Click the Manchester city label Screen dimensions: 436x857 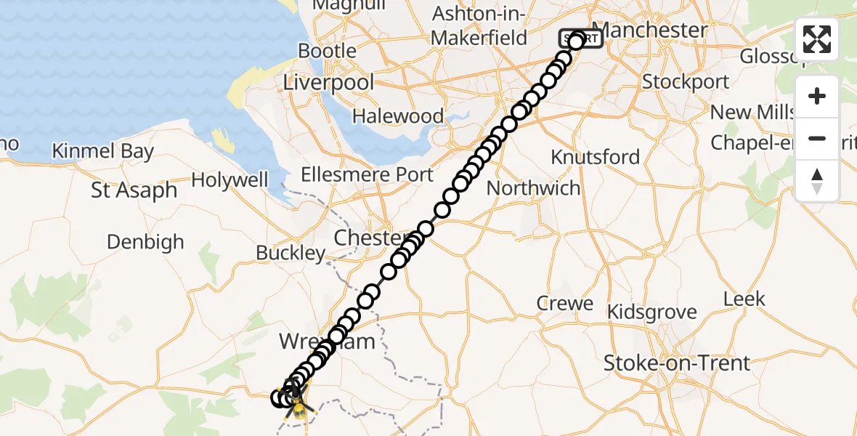654,30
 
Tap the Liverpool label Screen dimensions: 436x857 328,82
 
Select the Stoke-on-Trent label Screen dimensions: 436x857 676,363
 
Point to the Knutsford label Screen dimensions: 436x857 595,157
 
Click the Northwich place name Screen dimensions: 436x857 534,188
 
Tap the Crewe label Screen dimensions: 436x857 565,303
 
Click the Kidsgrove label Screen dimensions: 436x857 651,312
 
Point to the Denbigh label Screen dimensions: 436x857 145,241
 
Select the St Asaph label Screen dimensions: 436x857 134,190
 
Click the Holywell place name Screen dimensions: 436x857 230,180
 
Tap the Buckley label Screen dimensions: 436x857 291,253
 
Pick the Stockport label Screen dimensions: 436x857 686,81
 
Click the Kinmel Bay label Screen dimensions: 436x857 103,151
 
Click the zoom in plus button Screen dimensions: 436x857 817,96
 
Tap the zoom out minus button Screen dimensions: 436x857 817,138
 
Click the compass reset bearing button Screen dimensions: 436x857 817,180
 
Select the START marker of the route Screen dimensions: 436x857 581,39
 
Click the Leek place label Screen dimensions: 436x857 744,299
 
